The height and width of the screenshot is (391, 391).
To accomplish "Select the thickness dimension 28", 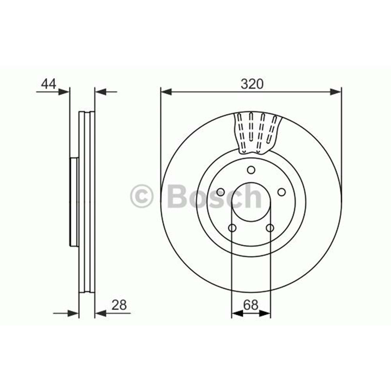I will (x=119, y=305).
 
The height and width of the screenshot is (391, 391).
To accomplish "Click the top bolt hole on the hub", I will (x=251, y=170).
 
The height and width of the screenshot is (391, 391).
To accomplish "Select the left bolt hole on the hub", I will (x=221, y=192).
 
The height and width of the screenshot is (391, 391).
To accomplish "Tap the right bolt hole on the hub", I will (x=281, y=192).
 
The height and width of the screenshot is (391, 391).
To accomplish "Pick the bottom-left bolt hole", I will (x=232, y=228).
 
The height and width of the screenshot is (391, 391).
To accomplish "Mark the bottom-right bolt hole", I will (x=270, y=228).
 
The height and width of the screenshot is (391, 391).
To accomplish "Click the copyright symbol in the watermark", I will (x=142, y=196).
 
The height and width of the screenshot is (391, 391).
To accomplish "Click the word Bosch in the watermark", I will (x=214, y=196).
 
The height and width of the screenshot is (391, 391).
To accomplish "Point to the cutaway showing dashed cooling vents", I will (x=256, y=132).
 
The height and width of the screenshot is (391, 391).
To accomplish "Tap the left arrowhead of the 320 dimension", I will (x=166, y=92).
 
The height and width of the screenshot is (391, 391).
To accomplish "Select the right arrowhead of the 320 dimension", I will (x=336, y=92).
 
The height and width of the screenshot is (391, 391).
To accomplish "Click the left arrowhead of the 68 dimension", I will (x=237, y=313).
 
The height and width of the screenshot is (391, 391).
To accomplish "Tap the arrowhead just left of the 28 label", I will (x=100, y=313).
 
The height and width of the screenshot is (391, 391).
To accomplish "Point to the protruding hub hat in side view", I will (x=74, y=202).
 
